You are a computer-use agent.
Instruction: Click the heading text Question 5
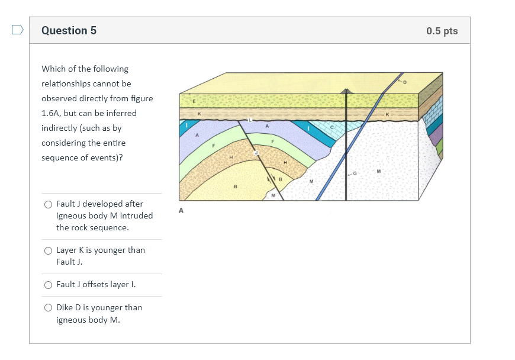[x=69, y=31]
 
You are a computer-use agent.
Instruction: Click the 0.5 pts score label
[x=442, y=31]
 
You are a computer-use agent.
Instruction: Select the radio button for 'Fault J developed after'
[x=48, y=204]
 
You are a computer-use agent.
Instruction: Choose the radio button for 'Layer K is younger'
[x=48, y=250]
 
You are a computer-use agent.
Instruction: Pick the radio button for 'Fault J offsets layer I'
[x=48, y=285]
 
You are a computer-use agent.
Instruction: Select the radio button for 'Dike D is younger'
[x=48, y=308]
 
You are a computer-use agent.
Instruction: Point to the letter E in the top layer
[x=192, y=102]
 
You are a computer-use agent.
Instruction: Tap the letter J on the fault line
[x=256, y=153]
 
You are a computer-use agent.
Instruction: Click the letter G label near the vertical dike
[x=355, y=173]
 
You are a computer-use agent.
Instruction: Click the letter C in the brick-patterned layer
[x=332, y=127]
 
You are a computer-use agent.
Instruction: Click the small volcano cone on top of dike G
[x=346, y=91]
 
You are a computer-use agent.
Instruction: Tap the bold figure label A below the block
[x=181, y=210]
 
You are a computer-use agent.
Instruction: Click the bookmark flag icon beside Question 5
[x=18, y=30]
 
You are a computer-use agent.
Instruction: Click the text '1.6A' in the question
[x=50, y=113]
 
